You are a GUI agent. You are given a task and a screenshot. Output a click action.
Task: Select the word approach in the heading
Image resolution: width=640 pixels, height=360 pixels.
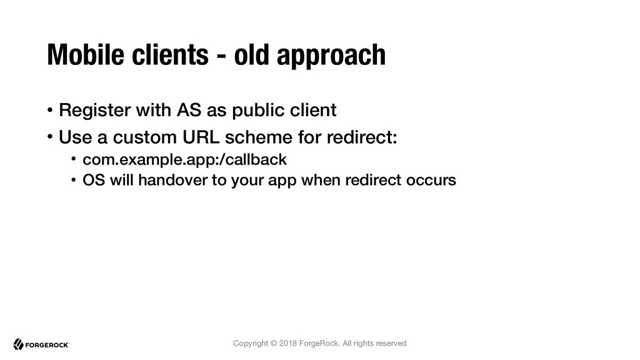tap(331, 56)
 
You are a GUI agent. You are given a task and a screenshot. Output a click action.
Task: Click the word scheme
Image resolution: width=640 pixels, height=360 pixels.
tap(259, 137)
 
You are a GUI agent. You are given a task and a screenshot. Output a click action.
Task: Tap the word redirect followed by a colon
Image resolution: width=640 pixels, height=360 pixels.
tap(362, 137)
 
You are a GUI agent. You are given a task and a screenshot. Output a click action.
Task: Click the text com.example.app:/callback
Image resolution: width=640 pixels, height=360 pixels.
tap(184, 159)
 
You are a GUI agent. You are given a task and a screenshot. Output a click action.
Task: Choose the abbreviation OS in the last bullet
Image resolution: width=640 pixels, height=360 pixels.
tap(94, 180)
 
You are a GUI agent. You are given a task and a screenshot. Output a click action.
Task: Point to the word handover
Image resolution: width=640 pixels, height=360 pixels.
tap(172, 180)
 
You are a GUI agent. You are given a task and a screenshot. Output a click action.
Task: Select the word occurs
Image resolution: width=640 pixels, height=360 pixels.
tap(431, 180)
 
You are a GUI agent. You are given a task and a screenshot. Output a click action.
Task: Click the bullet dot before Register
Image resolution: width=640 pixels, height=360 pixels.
tap(50, 110)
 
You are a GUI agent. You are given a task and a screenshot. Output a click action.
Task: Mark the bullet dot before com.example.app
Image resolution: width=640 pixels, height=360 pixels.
tap(74, 159)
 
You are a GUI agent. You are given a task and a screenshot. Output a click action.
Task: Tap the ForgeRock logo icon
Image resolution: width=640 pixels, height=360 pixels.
tap(18, 344)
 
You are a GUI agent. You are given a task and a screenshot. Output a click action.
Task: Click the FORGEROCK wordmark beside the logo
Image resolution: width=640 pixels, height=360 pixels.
tap(47, 345)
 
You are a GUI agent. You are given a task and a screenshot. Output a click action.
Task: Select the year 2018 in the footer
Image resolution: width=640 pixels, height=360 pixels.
tap(287, 343)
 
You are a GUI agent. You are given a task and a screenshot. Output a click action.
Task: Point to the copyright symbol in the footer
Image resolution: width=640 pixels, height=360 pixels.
tap(274, 343)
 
